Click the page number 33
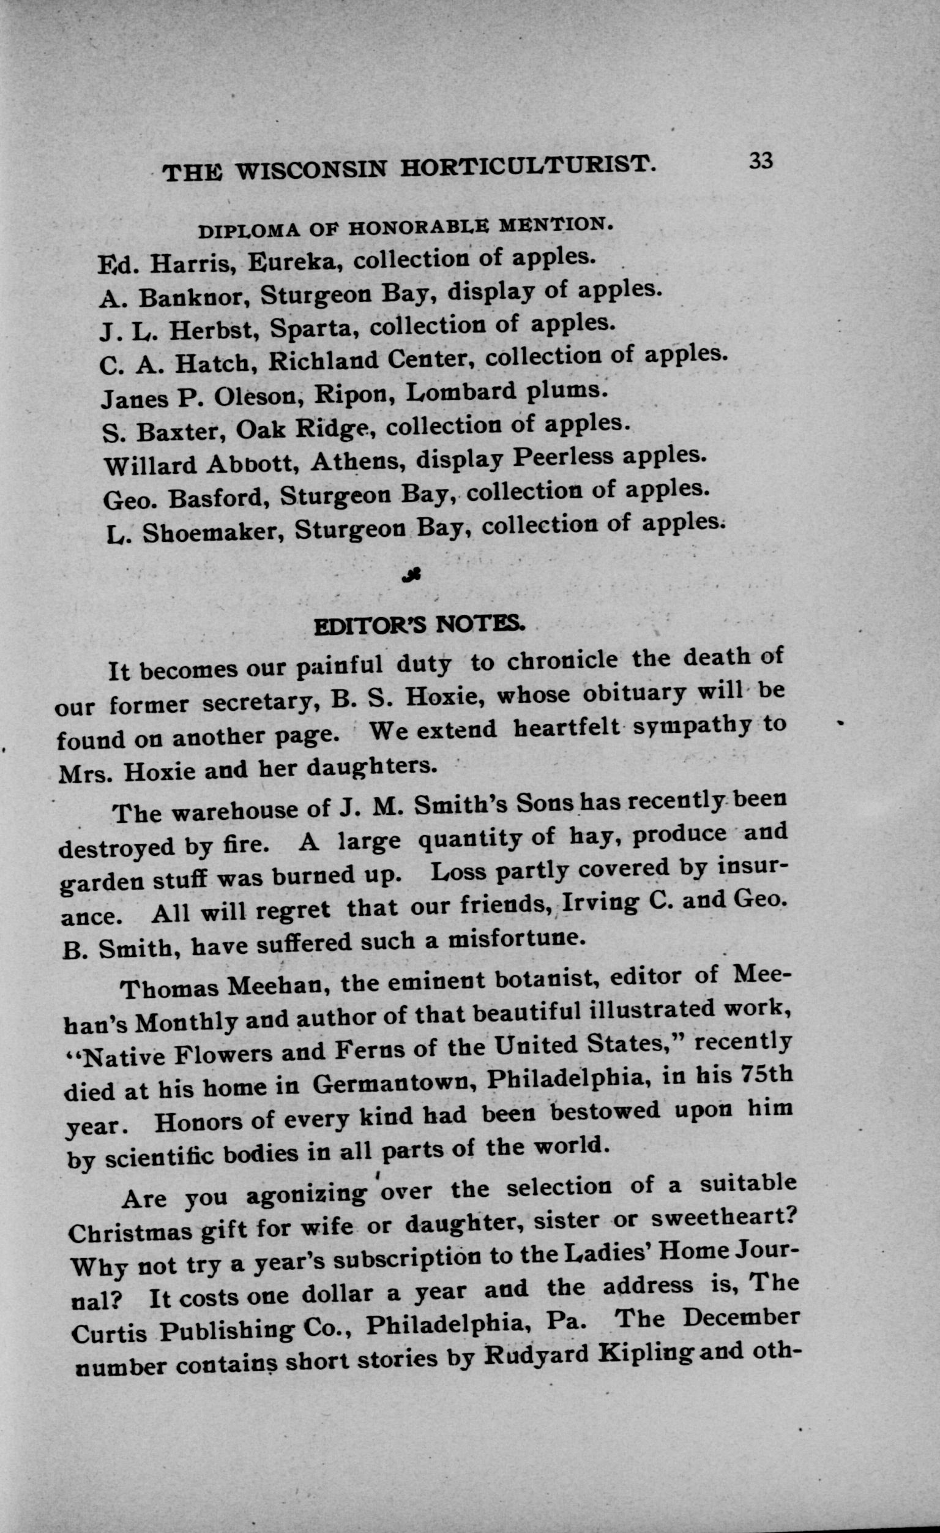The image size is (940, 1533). [x=761, y=161]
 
